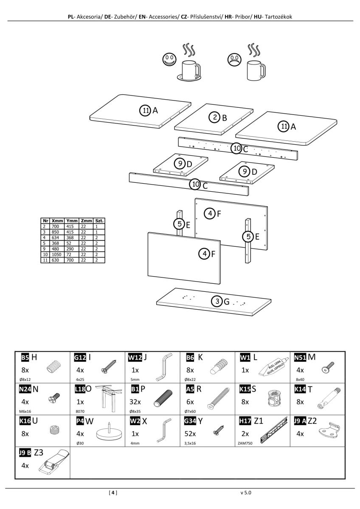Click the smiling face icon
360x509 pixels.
(x=169, y=59)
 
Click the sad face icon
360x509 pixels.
(x=233, y=59)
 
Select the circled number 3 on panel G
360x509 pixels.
(x=217, y=302)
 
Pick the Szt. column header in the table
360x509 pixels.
(x=99, y=221)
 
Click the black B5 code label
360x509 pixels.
(x=25, y=358)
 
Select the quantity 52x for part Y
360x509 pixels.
(x=190, y=433)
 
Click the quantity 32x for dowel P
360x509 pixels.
(x=135, y=402)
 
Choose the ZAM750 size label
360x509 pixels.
(x=245, y=443)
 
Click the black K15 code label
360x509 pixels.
(x=245, y=389)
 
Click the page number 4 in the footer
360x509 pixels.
(x=113, y=493)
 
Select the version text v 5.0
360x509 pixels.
(x=246, y=493)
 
